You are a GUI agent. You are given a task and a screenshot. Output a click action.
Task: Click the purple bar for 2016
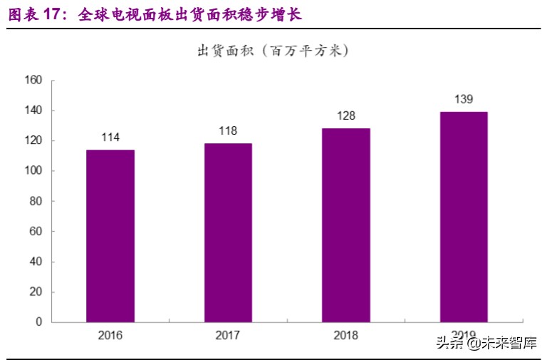click(x=110, y=236)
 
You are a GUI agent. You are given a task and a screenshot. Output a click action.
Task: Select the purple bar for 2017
click(x=228, y=233)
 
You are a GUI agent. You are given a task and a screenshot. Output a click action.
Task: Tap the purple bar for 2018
click(x=345, y=225)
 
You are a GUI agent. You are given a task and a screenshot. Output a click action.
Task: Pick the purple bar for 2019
click(x=464, y=217)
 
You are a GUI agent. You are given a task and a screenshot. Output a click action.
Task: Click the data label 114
click(x=110, y=138)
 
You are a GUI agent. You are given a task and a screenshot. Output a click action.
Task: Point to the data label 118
click(x=228, y=131)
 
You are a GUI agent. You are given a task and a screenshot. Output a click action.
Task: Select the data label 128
click(x=346, y=116)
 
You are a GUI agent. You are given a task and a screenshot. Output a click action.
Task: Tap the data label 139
click(x=464, y=100)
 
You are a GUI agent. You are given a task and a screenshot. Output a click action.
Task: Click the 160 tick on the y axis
click(x=33, y=81)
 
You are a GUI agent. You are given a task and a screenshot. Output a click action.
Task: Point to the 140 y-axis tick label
click(x=33, y=110)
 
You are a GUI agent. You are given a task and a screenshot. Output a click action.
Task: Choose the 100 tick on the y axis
click(x=33, y=171)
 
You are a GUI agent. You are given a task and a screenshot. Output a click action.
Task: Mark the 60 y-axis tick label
click(x=36, y=232)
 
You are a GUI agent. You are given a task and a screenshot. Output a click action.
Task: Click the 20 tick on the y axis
click(x=36, y=292)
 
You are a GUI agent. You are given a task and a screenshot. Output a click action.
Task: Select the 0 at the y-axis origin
click(x=39, y=322)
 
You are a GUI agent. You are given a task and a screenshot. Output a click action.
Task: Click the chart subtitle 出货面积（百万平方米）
click(x=273, y=51)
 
